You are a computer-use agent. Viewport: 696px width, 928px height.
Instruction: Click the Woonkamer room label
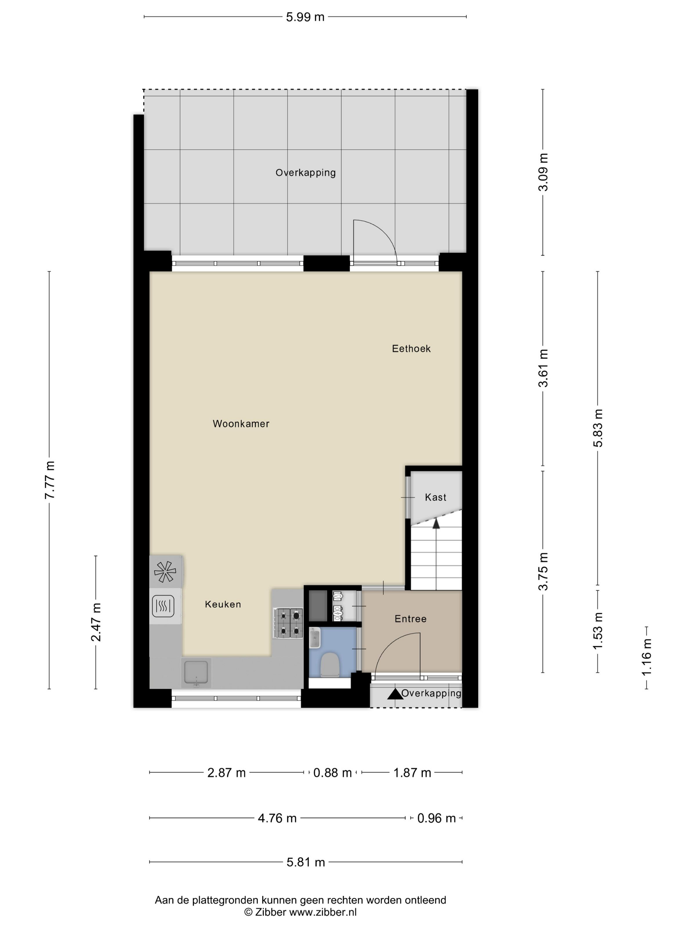pos(241,424)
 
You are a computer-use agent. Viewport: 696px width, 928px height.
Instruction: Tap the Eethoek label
pos(411,349)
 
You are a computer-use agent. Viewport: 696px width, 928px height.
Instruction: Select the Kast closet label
pos(435,497)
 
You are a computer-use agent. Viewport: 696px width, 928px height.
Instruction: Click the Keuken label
pos(223,605)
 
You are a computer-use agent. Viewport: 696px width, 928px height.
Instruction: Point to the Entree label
pos(410,619)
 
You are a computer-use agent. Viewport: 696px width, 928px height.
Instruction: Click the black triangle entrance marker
pos(394,694)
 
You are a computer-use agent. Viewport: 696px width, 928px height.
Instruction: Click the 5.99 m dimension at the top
pos(305,17)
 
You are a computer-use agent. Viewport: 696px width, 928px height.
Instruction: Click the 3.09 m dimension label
pos(543,172)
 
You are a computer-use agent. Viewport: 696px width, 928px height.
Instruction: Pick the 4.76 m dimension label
pos(277,818)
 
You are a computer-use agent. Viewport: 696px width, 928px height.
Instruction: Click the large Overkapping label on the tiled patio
pos(306,172)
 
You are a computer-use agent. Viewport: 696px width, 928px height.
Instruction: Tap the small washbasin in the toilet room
pos(315,638)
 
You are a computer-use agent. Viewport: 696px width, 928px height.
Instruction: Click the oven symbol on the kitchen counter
pos(163,606)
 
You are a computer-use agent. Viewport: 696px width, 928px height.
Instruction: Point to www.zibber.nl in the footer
pos(322,912)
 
